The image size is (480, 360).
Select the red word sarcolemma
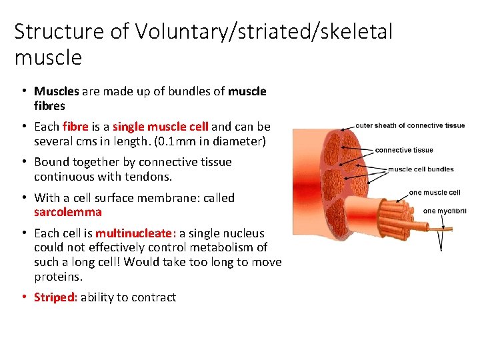point(68,212)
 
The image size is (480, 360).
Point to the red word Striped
point(55,297)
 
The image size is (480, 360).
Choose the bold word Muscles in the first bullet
point(57,91)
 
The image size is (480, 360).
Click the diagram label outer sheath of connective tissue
point(410,125)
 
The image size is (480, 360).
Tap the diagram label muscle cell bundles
point(421,169)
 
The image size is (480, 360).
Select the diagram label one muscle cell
point(435,193)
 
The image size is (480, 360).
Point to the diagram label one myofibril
point(445,211)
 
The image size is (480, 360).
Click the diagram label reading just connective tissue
point(404,150)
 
